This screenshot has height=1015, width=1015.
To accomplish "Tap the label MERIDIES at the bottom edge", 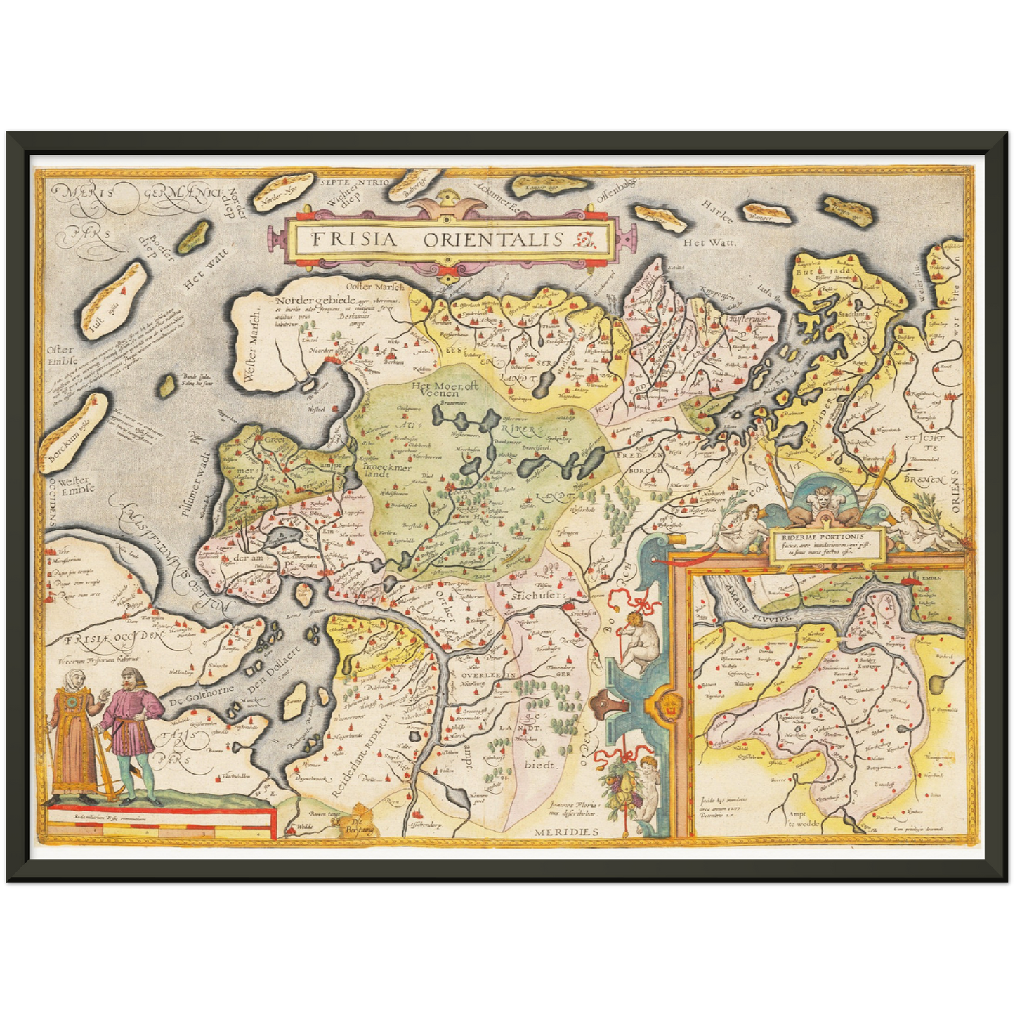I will pos(565,832).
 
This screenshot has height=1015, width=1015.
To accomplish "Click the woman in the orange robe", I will pos(72,731).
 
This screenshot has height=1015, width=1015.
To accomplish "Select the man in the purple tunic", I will pos(131,731).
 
